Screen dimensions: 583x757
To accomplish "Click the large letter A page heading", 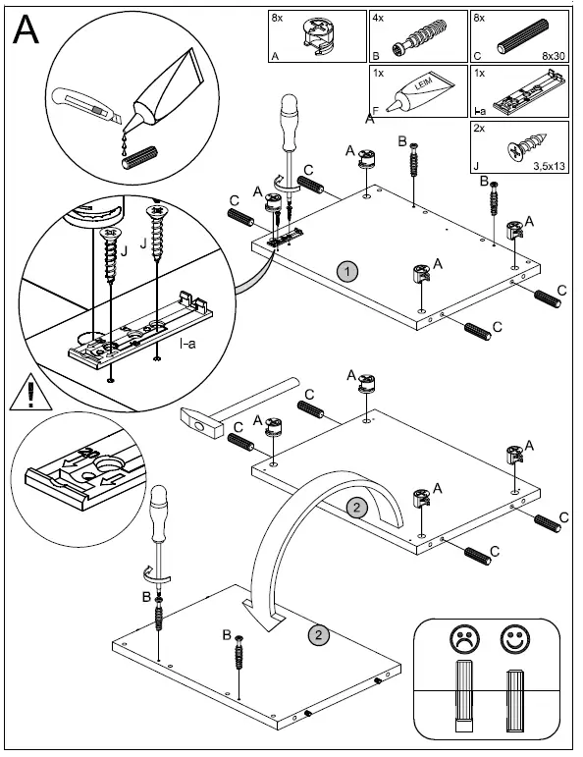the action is coord(26,29).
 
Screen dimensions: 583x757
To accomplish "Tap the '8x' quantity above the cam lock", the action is coord(277,19).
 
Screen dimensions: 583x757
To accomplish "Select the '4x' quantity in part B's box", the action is coord(378,19).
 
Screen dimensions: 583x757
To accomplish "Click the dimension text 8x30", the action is coord(554,56).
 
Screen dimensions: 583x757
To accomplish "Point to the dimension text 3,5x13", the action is coord(549,166).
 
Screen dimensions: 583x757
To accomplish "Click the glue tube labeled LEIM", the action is coord(422,90).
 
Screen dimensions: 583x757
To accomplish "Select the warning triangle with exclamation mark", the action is coord(30,392).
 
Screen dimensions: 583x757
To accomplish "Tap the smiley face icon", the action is coord(515,639).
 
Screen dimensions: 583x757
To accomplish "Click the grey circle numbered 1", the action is coord(347,272).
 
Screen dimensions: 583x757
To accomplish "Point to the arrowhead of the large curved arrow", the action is coord(263,615).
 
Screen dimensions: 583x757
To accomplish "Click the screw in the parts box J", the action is coord(527,145).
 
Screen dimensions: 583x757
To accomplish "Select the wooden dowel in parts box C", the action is coord(523,36).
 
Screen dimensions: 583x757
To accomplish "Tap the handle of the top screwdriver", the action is coord(289,122).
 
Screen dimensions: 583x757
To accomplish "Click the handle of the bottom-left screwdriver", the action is coord(159,514).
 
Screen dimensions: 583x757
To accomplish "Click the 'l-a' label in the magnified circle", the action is coord(187,344).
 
